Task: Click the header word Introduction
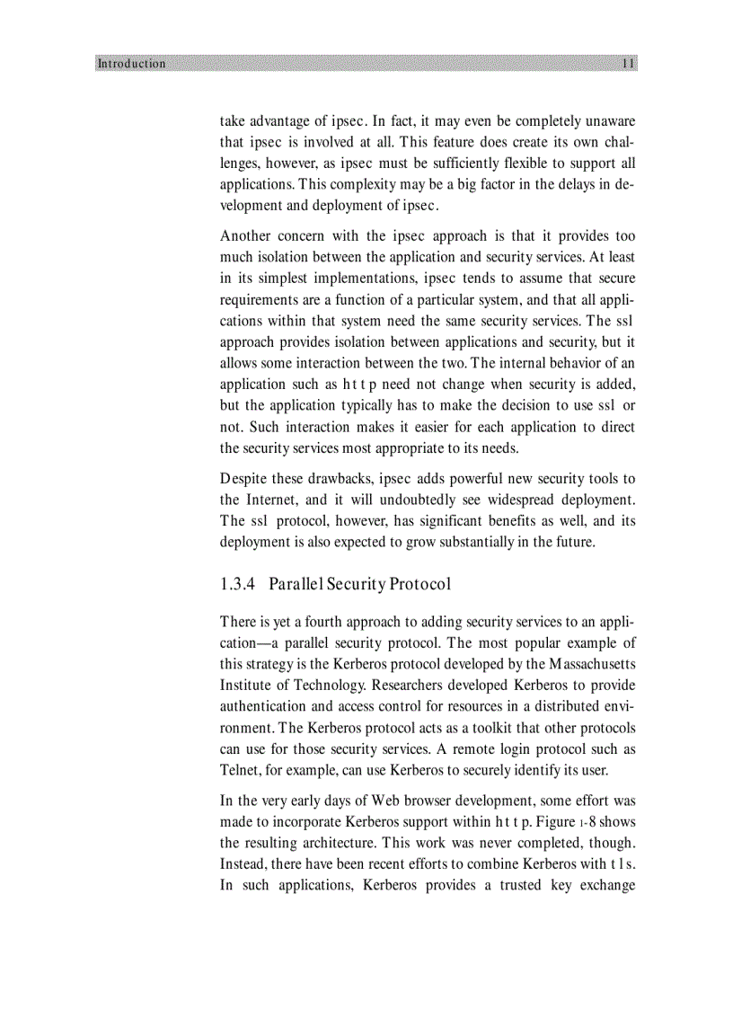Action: pyautogui.click(x=131, y=64)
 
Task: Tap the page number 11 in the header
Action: pyautogui.click(x=628, y=64)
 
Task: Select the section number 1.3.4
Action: pyautogui.click(x=238, y=584)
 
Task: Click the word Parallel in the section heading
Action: pyautogui.click(x=296, y=584)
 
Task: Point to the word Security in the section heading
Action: pyautogui.click(x=358, y=584)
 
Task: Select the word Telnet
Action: pyautogui.click(x=240, y=770)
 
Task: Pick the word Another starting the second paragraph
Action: pyautogui.click(x=247, y=236)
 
